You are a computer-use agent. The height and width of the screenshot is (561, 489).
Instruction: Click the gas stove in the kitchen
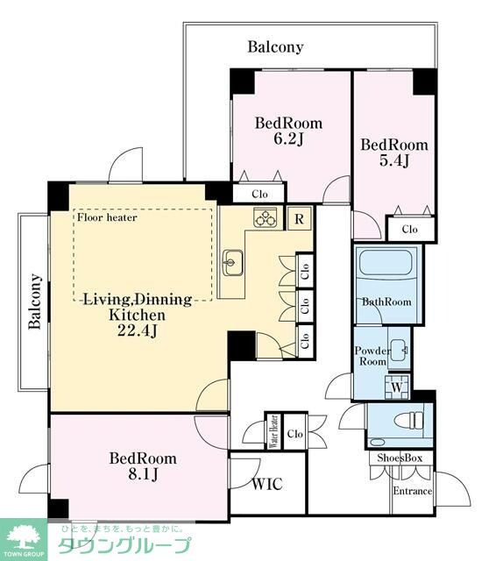[265, 217]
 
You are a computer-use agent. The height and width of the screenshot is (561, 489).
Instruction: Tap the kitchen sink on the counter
[232, 263]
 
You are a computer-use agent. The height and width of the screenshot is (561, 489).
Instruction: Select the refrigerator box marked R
[300, 218]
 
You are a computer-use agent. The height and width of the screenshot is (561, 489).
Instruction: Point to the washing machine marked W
[397, 387]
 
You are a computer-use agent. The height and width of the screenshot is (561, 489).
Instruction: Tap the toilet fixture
[408, 421]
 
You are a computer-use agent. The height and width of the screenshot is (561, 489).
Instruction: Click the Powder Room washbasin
[399, 350]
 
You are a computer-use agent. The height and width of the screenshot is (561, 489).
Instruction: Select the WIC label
[267, 485]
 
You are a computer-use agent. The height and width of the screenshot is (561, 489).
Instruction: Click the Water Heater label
[273, 431]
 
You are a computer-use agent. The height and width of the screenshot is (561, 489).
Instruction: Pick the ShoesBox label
[400, 458]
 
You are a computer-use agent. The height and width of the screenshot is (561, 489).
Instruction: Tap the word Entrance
[413, 491]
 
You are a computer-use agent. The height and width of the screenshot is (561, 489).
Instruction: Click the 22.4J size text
[137, 331]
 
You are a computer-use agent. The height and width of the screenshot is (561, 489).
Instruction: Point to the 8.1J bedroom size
[143, 474]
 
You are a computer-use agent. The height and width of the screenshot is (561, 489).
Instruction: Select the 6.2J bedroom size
[288, 138]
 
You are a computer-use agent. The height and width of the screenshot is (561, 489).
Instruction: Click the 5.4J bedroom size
[393, 160]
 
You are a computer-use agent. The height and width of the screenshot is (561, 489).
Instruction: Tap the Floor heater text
[107, 217]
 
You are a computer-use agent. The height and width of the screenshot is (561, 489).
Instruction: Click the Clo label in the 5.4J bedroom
[409, 229]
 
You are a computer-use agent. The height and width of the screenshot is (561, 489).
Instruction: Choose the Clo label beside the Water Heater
[295, 434]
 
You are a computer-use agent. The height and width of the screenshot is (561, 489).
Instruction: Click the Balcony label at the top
[275, 46]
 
